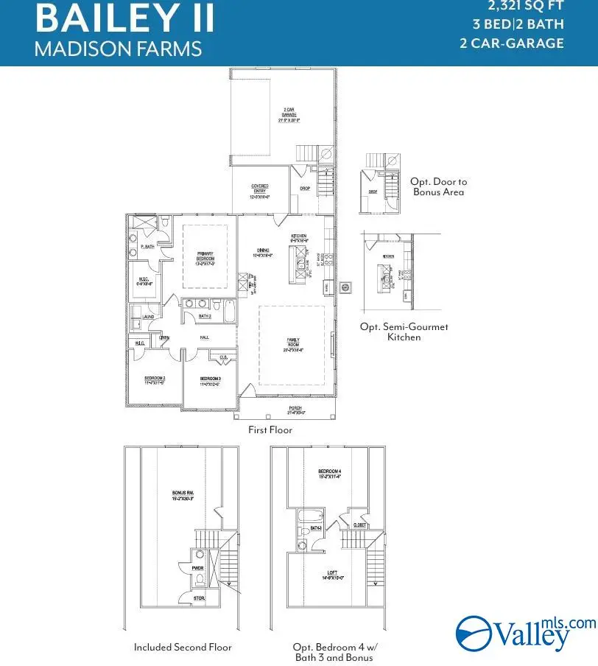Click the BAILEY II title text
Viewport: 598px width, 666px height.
124,18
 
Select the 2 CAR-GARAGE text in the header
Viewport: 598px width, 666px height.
512,43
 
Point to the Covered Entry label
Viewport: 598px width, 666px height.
260,190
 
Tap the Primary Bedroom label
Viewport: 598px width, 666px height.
205,258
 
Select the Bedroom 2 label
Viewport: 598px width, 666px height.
155,382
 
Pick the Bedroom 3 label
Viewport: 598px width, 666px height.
210,382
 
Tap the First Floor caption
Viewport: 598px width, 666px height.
270,430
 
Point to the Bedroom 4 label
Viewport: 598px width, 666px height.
328,474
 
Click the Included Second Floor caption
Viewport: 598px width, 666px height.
183,647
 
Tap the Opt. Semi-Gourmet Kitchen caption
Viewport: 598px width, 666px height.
404,332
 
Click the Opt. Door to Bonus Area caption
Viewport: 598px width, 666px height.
439,186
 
